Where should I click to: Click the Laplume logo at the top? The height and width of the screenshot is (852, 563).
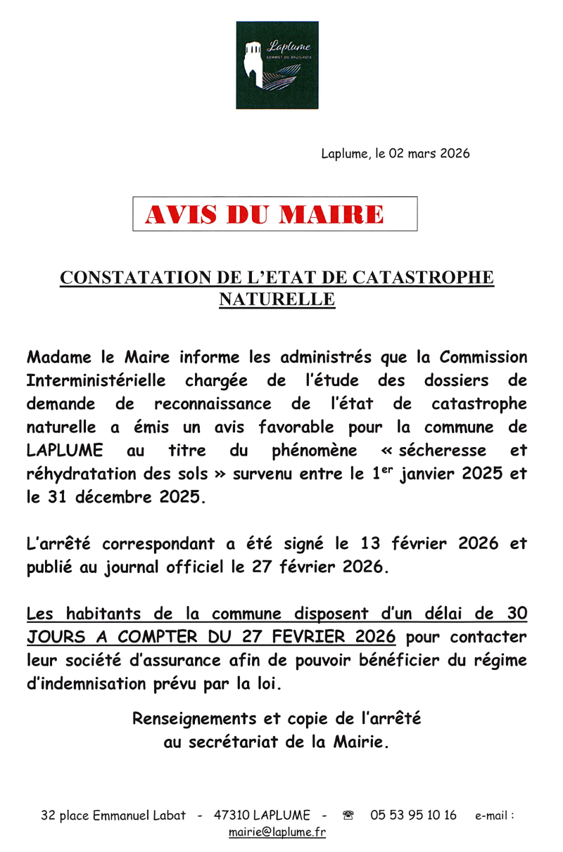click(x=276, y=65)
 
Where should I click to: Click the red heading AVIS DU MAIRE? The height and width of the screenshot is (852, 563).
click(x=264, y=214)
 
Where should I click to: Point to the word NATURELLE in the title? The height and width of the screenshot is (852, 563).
click(x=277, y=300)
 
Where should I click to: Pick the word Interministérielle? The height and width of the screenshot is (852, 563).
click(x=96, y=381)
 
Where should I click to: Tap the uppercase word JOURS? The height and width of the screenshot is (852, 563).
click(x=56, y=638)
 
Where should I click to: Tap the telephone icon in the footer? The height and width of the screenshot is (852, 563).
click(x=348, y=815)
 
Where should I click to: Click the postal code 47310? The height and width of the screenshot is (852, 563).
click(x=229, y=815)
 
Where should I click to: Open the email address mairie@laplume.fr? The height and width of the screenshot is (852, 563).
click(x=277, y=833)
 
